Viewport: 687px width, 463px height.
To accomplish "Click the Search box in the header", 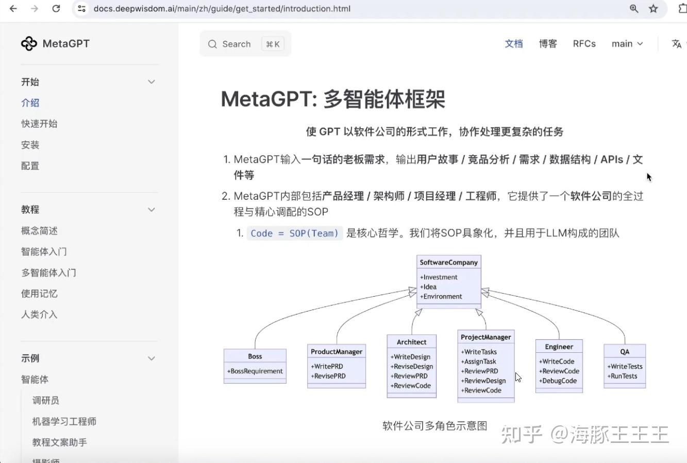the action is coord(245,44).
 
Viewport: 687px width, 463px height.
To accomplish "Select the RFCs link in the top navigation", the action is coord(584,44).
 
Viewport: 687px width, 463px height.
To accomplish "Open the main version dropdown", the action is coord(627,44).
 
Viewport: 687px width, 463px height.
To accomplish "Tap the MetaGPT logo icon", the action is coord(29,44).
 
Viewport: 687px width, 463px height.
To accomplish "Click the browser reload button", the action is coord(56,9).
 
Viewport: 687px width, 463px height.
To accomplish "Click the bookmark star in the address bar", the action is coord(654,9).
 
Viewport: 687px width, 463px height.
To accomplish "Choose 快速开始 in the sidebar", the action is coord(39,124).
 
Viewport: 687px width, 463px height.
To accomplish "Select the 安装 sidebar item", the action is coord(30,145).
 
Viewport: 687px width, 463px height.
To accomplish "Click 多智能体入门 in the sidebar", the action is coord(48,272).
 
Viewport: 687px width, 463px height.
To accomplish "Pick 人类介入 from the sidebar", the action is coord(39,314).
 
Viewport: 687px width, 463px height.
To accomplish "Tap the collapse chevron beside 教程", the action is coord(152,210).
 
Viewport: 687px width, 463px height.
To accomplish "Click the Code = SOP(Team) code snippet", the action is coord(294,233).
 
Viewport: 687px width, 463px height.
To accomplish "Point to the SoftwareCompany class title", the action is coord(448,262).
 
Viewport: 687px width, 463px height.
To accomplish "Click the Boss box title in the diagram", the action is coord(255,356).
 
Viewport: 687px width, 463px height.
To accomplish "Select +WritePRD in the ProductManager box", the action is coord(327,366).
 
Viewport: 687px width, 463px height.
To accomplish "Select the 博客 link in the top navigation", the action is coord(548,44).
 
